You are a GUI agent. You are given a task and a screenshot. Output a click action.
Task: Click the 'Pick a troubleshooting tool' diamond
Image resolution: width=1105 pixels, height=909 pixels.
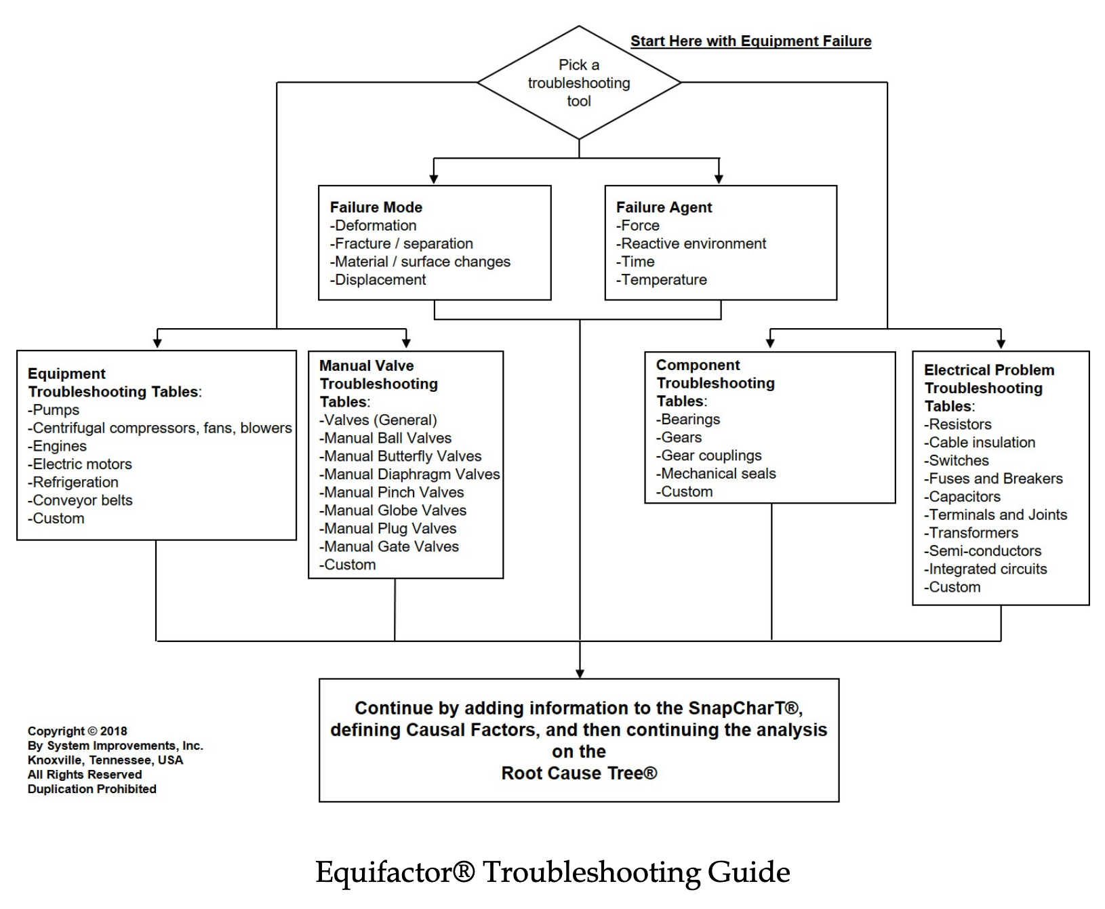[579, 83]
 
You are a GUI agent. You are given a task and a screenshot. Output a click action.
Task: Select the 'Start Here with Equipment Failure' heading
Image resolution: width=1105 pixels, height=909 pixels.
[750, 41]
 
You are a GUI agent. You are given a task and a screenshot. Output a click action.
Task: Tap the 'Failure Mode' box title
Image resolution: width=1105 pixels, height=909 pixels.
[376, 207]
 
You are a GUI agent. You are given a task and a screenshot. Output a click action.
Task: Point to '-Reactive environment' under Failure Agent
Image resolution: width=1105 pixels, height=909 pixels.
[691, 244]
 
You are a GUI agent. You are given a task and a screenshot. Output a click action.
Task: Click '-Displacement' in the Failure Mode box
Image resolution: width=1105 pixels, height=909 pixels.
[378, 280]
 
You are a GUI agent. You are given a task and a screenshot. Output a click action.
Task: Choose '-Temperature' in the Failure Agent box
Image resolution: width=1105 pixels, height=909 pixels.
[662, 280]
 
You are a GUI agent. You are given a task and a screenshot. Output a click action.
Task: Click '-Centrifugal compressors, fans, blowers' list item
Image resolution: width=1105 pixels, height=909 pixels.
[160, 428]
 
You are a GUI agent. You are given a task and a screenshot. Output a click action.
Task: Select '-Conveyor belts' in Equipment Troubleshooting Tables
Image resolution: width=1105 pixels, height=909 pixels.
[80, 500]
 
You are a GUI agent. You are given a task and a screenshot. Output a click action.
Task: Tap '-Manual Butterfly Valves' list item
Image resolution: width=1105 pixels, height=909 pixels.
[401, 456]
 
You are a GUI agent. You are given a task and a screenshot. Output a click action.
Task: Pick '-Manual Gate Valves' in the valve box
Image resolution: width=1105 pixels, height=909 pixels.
[389, 546]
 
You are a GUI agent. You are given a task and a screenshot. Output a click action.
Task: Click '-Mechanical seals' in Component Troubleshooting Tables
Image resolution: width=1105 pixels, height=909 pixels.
[716, 474]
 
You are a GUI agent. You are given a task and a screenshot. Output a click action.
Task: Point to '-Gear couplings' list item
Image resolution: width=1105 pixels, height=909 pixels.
[709, 456]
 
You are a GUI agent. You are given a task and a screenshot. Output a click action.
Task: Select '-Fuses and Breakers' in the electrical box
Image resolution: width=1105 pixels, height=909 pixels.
[993, 479]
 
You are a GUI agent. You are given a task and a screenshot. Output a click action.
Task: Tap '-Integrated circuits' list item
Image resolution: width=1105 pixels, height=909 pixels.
[985, 569]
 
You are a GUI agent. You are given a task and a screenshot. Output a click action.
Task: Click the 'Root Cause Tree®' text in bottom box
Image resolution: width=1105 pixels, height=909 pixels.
[579, 773]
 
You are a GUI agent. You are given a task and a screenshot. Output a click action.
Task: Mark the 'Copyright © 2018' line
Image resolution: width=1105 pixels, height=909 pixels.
[77, 731]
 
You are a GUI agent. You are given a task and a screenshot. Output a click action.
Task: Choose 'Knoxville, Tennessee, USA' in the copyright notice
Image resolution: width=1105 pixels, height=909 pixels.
[105, 760]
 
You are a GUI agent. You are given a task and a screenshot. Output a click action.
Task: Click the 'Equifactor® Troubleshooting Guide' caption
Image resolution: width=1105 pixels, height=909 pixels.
[552, 872]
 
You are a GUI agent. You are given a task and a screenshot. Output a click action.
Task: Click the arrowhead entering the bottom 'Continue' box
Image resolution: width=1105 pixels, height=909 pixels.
[580, 673]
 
